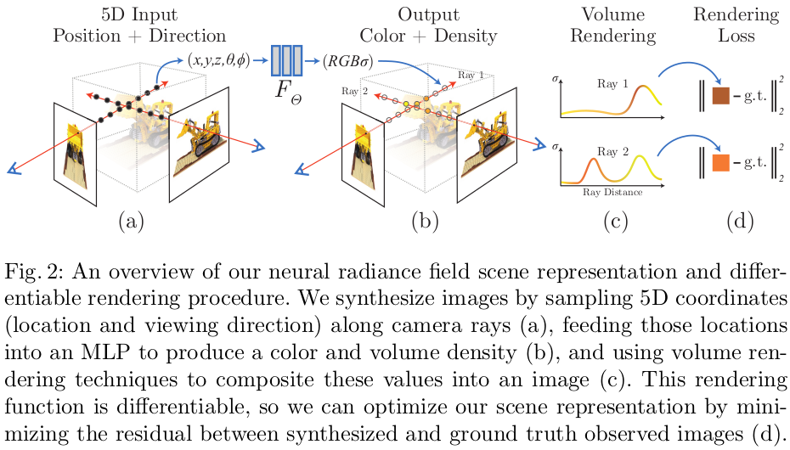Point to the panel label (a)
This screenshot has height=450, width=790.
(130, 222)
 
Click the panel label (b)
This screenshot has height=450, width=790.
(424, 222)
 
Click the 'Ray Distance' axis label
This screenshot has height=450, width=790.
(612, 192)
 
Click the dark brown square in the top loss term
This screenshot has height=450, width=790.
(721, 94)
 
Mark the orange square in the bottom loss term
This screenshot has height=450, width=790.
(721, 162)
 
